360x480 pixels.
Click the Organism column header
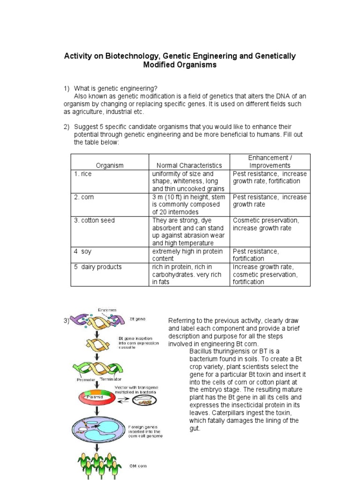[x=110, y=165]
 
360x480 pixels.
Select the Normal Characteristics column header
[x=189, y=165]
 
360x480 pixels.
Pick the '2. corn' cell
[x=84, y=197]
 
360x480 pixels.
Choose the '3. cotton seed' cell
[x=94, y=220]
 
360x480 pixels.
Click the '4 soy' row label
[x=82, y=252]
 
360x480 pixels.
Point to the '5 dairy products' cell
[x=97, y=267]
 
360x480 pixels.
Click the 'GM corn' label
[x=138, y=467]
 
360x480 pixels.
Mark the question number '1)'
[x=67, y=88]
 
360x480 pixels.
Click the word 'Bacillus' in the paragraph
[x=201, y=351]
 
